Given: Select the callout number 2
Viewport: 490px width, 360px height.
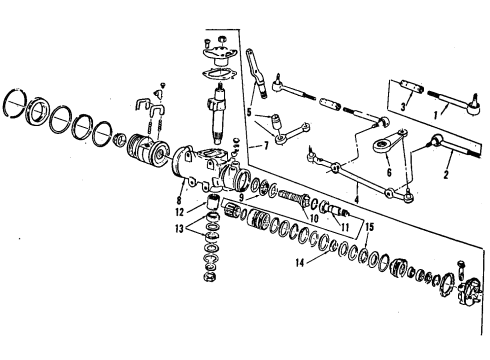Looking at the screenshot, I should tap(446, 172).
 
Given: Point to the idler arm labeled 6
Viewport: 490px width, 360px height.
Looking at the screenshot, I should tap(386, 151).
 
